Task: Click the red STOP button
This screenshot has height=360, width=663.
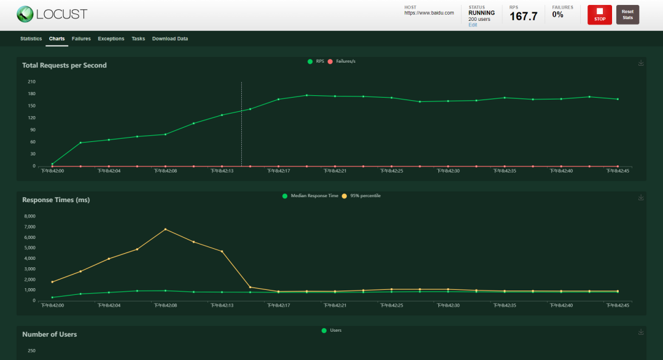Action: [599, 15]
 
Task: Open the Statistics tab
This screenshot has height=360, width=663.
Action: [31, 39]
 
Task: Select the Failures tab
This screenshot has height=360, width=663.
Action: [81, 39]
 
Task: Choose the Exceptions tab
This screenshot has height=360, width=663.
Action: [111, 39]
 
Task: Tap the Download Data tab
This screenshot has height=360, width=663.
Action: [170, 39]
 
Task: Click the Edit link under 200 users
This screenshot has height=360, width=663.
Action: [473, 25]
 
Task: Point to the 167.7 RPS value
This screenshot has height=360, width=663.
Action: [523, 17]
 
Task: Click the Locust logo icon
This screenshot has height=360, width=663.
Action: [25, 14]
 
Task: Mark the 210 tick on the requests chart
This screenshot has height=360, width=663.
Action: [31, 82]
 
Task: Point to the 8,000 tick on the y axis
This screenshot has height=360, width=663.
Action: [29, 216]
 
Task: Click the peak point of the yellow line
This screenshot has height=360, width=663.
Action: [165, 229]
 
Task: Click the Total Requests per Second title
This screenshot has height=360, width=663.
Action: [64, 65]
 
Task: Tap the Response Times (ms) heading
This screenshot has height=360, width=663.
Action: [56, 200]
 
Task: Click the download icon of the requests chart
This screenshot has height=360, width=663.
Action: [641, 63]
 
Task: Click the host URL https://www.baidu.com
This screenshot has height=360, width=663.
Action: [429, 13]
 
